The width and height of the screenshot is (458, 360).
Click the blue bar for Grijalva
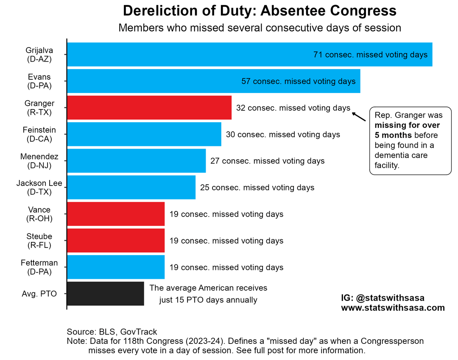187,55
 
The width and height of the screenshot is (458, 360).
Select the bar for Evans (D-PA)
153,81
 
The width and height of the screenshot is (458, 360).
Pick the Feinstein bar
144,134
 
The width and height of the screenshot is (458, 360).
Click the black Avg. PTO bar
106,294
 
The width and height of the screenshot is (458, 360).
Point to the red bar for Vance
116,214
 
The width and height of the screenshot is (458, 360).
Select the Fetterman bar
116,267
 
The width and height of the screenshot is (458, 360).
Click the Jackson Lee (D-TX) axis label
39,188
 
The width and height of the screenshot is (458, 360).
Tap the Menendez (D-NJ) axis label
39,161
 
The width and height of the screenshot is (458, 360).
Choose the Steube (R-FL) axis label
39,241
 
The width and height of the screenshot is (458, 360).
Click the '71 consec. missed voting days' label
370,55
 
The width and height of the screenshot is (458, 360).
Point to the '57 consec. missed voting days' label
298,81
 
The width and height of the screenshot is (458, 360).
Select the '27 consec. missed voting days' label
267,161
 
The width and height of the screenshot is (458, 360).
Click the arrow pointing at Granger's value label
359,116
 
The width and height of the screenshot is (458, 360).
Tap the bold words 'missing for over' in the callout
407,125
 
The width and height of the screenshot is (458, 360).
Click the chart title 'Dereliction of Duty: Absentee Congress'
260,11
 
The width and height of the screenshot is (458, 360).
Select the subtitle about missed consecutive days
260,28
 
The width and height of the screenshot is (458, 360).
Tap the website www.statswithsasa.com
393,308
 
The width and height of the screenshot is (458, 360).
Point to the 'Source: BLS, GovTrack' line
112,332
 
